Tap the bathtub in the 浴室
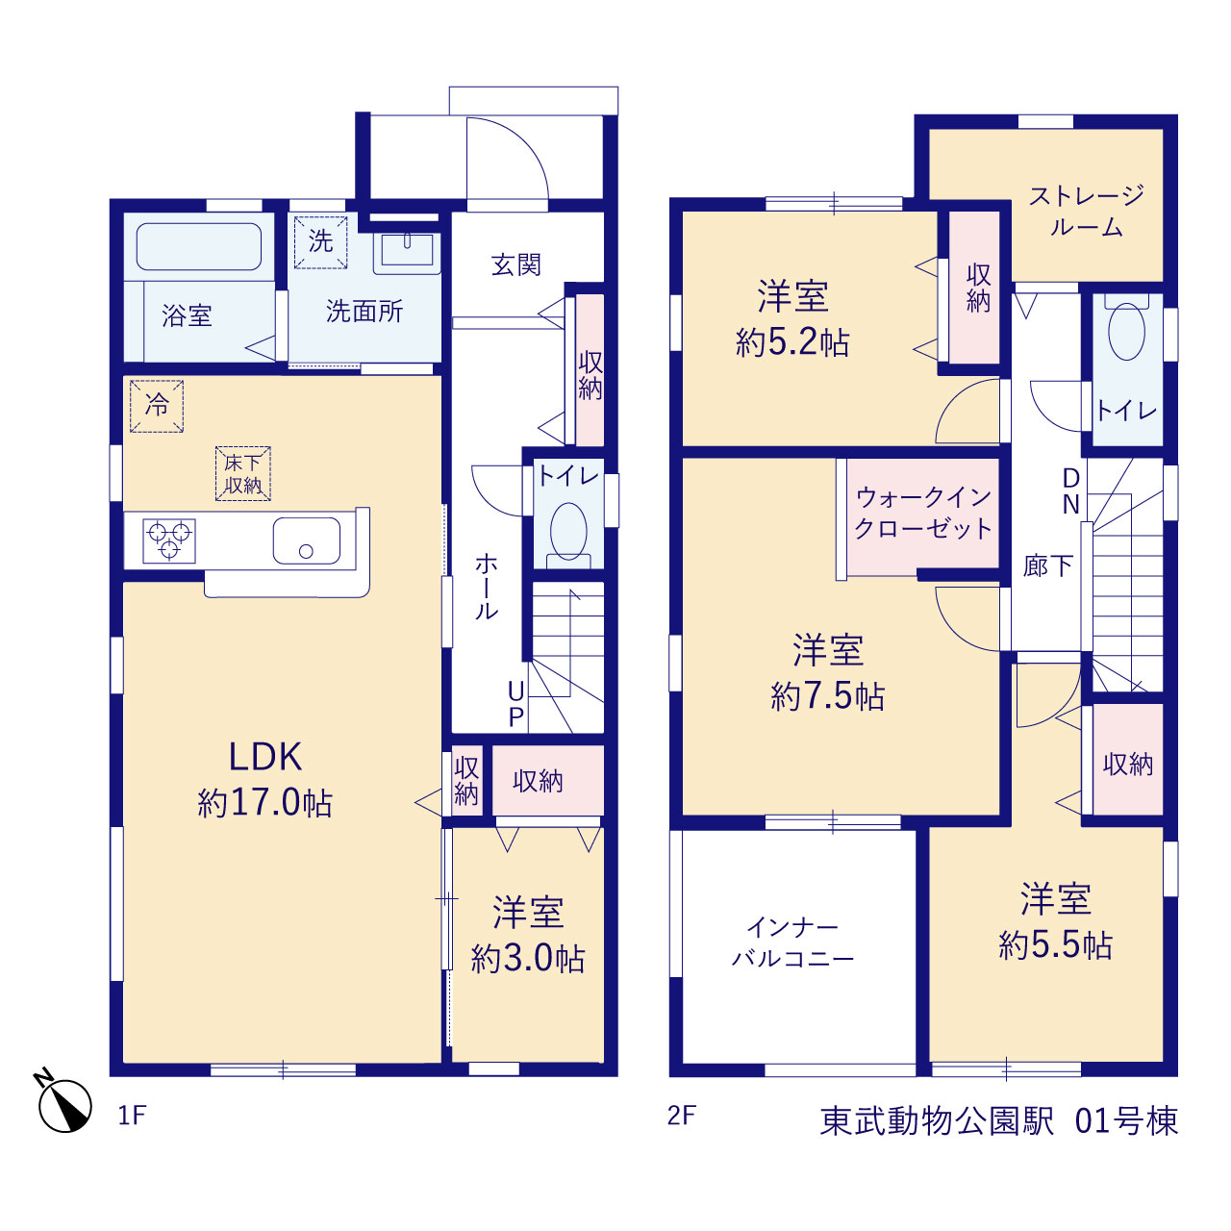pyautogui.click(x=199, y=246)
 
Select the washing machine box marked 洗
pyautogui.click(x=320, y=242)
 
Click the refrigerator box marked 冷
pyautogui.click(x=157, y=406)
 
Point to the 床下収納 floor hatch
pyautogui.click(x=242, y=473)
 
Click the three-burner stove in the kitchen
pyautogui.click(x=168, y=541)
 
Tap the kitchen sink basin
pyautogui.click(x=307, y=540)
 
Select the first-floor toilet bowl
pyautogui.click(x=568, y=532)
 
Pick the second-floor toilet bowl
pyautogui.click(x=1126, y=331)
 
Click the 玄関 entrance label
pyautogui.click(x=516, y=264)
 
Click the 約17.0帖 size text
pyautogui.click(x=265, y=803)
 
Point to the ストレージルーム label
pyautogui.click(x=1086, y=211)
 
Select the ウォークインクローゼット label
pyautogui.click(x=923, y=513)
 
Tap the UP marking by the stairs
pyautogui.click(x=516, y=704)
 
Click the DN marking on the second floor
pyautogui.click(x=1070, y=490)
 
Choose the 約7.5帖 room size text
pyautogui.click(x=828, y=696)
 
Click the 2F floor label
pyautogui.click(x=682, y=1116)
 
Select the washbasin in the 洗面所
pyautogui.click(x=407, y=250)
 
